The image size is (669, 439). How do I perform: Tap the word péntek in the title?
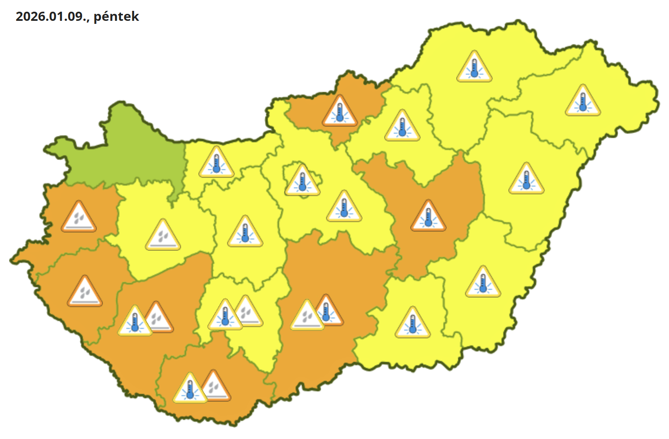click(x=116, y=16)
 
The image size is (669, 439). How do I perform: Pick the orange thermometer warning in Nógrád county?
click(x=339, y=112)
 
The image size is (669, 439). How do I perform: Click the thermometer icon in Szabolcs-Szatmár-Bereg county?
click(x=583, y=102)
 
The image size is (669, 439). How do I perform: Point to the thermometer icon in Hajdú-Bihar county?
click(x=526, y=180)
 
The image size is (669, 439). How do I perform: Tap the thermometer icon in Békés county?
click(x=483, y=283)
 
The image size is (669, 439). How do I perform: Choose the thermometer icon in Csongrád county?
click(x=412, y=324)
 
